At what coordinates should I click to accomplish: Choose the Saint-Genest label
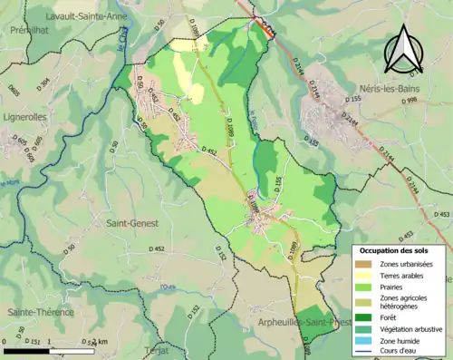coord(132,222)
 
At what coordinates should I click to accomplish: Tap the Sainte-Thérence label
coord(36,312)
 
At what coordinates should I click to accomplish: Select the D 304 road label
coord(43,83)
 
